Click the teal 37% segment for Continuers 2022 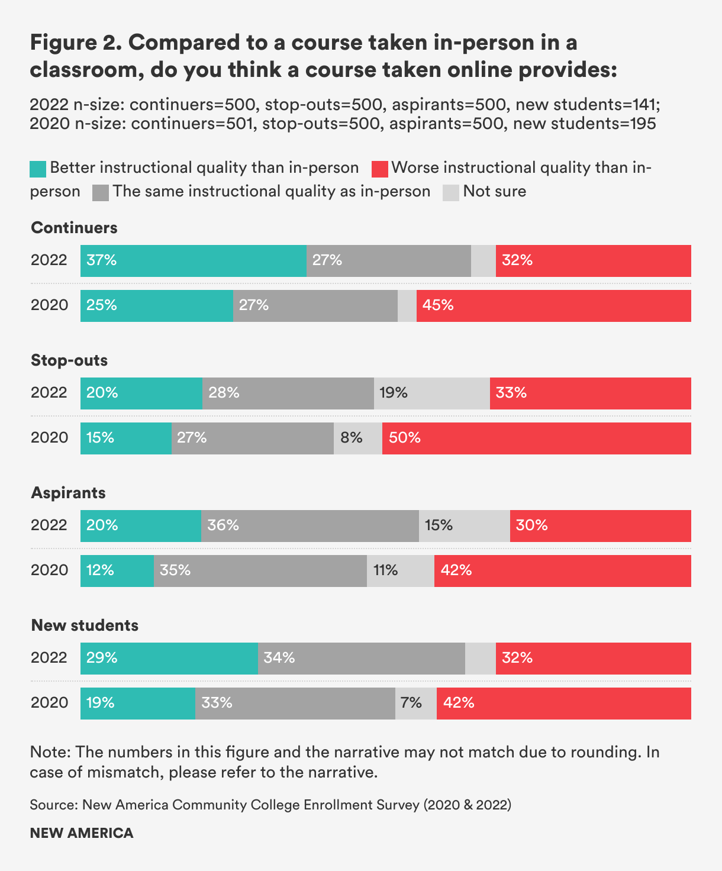[x=193, y=261]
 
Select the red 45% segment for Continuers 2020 [x=553, y=306]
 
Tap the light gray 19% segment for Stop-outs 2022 [x=431, y=393]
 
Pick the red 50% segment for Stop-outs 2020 [x=536, y=438]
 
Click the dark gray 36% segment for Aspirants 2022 [x=310, y=526]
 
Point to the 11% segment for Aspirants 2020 [x=400, y=571]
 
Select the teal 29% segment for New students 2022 [x=169, y=659]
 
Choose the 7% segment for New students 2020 [x=415, y=704]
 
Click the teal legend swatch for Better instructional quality [x=38, y=169]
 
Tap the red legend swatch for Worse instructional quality [x=379, y=169]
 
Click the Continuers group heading [x=74, y=228]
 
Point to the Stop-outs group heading [x=69, y=360]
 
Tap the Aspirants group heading [x=68, y=493]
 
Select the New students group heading [x=85, y=625]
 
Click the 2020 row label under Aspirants [x=50, y=570]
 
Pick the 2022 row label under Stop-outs [x=49, y=393]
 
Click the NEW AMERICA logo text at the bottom [x=82, y=833]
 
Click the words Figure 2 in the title [x=75, y=43]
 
